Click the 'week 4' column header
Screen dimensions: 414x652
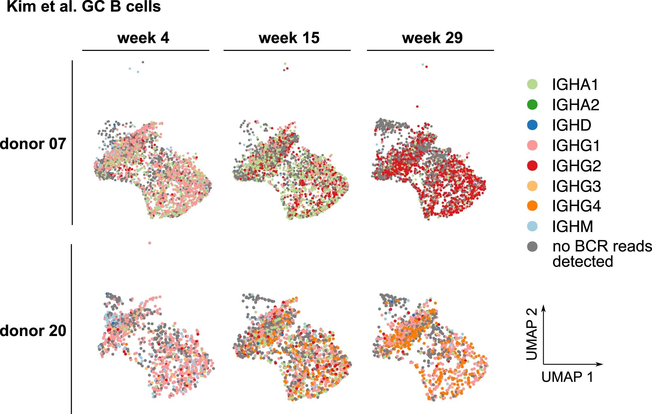[x=143, y=38]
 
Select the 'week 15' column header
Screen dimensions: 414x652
[x=289, y=38]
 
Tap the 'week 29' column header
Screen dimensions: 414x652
[x=432, y=38]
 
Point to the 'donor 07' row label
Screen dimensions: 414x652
[x=33, y=144]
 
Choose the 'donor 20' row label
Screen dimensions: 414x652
[x=33, y=331]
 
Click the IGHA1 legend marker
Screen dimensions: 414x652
[x=532, y=84]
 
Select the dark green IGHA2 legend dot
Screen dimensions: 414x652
[x=532, y=105]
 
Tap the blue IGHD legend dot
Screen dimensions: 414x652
[x=532, y=125]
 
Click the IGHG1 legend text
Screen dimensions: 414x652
[x=576, y=146]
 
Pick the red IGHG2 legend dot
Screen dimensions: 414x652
[x=532, y=166]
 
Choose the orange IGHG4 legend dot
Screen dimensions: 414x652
[x=532, y=206]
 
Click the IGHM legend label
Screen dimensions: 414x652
[x=573, y=227]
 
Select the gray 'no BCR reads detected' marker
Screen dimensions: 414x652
[x=532, y=246]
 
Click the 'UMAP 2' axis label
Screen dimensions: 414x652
[x=532, y=334]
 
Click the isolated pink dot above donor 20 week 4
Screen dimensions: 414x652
[x=150, y=243]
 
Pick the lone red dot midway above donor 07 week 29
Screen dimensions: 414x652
[x=417, y=107]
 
